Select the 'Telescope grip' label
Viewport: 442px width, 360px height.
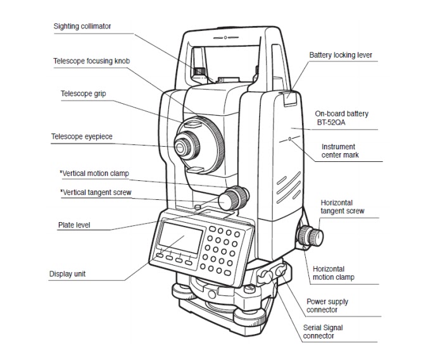(83, 93)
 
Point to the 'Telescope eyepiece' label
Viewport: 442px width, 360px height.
(82, 136)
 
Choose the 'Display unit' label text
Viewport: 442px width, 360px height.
(67, 274)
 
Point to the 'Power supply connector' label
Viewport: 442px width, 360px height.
(327, 306)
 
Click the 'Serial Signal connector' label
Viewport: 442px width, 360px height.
(327, 331)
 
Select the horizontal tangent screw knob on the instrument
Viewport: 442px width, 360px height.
(311, 236)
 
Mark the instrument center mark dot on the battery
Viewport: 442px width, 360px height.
(289, 137)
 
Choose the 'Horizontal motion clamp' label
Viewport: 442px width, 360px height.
(333, 272)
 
